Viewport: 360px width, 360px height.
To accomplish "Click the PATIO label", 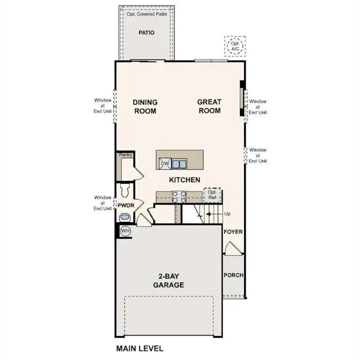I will coord(146,33).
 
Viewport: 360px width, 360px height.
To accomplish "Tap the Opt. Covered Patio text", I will coord(146,14).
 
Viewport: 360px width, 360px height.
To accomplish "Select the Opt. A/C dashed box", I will coord(234,46).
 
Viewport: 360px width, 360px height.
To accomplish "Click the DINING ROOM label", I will coord(144,106).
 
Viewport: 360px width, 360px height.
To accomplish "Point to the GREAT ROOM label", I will coord(209,106).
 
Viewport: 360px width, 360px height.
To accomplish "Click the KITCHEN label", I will coord(184,180).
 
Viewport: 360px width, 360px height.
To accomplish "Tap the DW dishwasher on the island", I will coord(164,163).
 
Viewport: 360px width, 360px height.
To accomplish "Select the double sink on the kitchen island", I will coord(179,164).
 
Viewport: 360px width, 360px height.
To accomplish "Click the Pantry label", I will coord(125,155).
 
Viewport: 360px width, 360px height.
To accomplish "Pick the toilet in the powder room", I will coord(124,190).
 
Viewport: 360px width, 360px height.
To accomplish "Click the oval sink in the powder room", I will coord(125,217).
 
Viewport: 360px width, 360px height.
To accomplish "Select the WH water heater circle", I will coord(125,231).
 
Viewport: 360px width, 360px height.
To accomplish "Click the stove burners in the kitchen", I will coord(180,197).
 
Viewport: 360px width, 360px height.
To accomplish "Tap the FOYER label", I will coord(233,232).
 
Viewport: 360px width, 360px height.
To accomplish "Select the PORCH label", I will coord(233,275).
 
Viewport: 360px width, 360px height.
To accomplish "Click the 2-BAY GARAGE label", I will coord(168,281).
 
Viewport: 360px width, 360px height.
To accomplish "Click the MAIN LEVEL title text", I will coord(139,349).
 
